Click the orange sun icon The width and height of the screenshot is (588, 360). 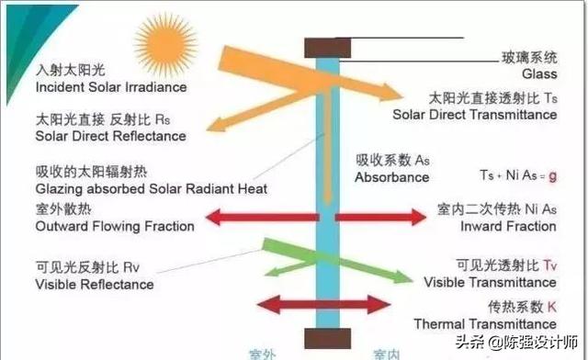click(158, 42)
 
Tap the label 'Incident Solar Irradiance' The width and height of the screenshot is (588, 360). click(110, 87)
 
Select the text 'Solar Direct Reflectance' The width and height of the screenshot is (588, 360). click(110, 137)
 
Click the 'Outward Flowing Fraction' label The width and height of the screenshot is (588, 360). click(115, 226)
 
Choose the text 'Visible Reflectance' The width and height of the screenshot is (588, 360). click(95, 285)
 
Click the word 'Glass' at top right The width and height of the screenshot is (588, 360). click(539, 73)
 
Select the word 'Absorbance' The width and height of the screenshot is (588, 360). click(392, 176)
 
